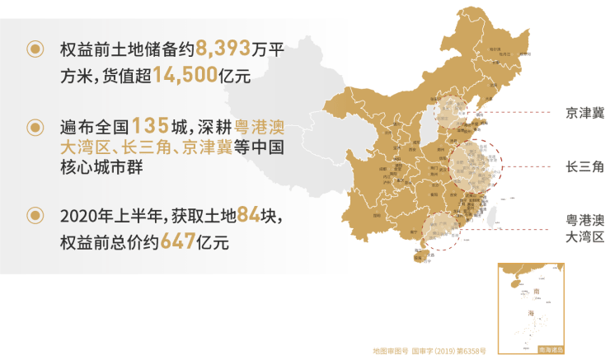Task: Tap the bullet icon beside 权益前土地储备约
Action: pyautogui.click(x=35, y=49)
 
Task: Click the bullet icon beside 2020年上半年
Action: pyautogui.click(x=35, y=216)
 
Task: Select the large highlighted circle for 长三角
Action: pyautogui.click(x=476, y=168)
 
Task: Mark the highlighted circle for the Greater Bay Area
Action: pyautogui.click(x=443, y=231)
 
